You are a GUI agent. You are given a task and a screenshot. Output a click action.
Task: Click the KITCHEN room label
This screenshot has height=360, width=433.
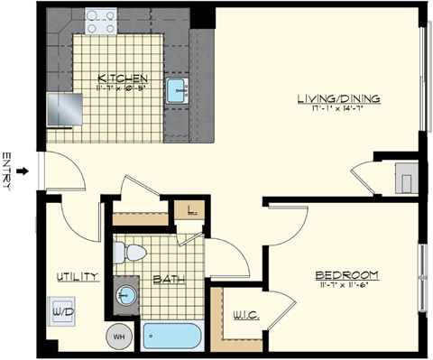pos(118,78)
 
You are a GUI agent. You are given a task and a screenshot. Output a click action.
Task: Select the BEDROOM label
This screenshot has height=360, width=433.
pos(345,274)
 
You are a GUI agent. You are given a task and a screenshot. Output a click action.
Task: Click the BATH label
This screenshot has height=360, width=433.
pos(169,280)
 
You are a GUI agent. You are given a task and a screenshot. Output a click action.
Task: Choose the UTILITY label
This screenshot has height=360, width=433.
pos(77,276)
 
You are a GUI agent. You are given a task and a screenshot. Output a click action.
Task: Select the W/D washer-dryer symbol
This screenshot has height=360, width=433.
pos(63,311)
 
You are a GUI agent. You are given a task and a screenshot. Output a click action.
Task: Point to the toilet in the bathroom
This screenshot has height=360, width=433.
pos(134,252)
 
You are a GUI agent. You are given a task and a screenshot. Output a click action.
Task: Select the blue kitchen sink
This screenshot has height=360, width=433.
pos(177,89)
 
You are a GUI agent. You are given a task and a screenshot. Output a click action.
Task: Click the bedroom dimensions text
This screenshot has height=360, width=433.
pos(345,285)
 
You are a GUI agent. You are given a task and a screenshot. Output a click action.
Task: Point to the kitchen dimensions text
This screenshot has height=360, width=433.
pos(118,88)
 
